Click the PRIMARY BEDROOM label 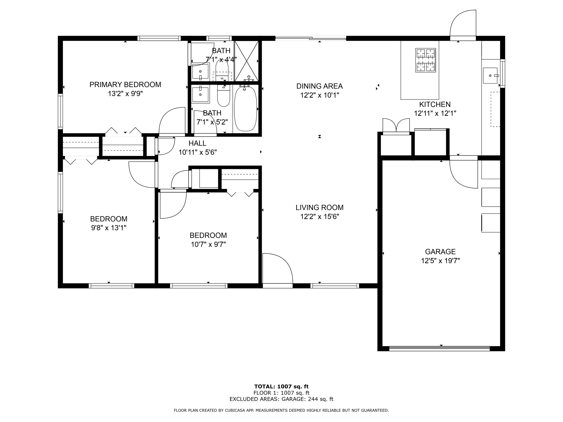[125, 85]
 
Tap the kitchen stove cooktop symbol [425, 60]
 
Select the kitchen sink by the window [490, 75]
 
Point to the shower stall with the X [247, 61]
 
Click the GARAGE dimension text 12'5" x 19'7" [440, 261]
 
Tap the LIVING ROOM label [319, 207]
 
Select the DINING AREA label [319, 86]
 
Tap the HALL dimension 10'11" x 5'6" [198, 152]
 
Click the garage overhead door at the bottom [439, 349]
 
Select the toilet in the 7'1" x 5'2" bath [223, 96]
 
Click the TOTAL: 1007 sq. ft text [281, 387]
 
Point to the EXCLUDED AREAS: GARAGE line [281, 399]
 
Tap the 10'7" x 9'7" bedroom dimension [208, 245]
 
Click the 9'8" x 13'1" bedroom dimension [109, 228]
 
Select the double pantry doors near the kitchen [396, 126]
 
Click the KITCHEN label [435, 104]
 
